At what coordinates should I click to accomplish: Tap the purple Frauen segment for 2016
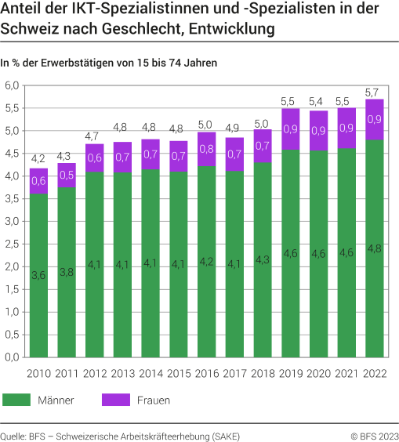208,149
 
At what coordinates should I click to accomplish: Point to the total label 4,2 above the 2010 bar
38,160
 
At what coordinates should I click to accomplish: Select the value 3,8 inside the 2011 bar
67,273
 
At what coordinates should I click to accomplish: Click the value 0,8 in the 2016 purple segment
208,148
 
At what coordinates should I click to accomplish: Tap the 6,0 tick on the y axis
13,85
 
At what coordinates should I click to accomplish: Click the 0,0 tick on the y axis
13,357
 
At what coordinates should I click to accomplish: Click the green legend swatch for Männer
16,400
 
